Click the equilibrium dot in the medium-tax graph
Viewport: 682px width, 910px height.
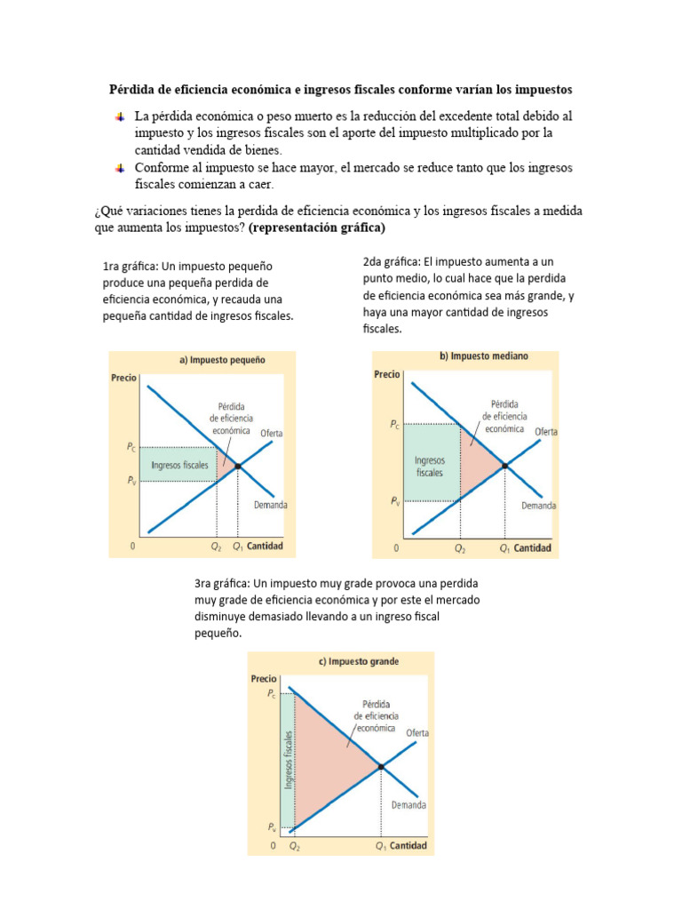click(x=504, y=465)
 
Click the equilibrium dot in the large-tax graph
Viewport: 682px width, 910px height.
click(x=381, y=766)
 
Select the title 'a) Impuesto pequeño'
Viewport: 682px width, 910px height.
click(x=223, y=361)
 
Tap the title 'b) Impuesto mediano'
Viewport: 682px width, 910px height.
click(x=483, y=356)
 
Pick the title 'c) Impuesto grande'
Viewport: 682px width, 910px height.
click(x=359, y=661)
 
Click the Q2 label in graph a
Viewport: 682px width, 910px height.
click(x=215, y=547)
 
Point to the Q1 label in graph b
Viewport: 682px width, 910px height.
click(x=504, y=548)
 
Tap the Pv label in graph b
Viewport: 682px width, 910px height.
click(x=394, y=502)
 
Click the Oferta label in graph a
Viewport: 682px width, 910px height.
click(x=272, y=433)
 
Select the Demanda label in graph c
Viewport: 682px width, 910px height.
click(x=408, y=805)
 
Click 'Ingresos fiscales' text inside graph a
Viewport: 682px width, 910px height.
click(x=180, y=465)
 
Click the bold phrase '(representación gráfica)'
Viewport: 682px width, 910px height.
click(x=317, y=227)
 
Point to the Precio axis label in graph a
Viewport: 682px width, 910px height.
click(x=124, y=378)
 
